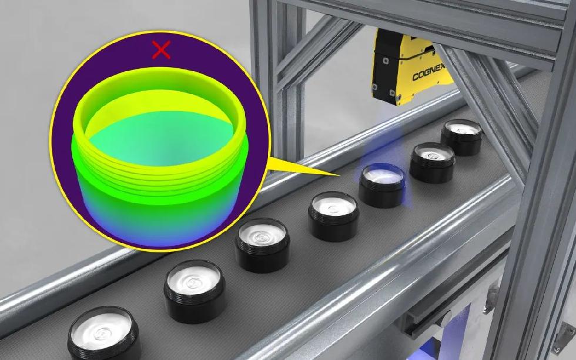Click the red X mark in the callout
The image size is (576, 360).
tap(161, 49)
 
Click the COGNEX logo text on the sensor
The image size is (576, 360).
tap(428, 72)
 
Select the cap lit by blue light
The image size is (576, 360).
tap(383, 185)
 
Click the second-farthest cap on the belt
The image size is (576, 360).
tap(433, 162)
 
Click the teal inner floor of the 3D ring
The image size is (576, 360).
tap(162, 136)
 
